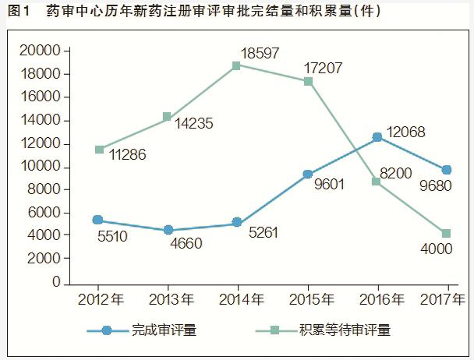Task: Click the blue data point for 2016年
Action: point(378,137)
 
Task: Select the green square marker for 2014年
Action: point(237,65)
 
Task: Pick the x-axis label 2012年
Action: point(100,299)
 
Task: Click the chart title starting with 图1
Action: point(191,12)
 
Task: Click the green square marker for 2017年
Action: point(447,234)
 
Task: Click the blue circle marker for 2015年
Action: point(307,175)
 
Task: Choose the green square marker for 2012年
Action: point(99,149)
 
